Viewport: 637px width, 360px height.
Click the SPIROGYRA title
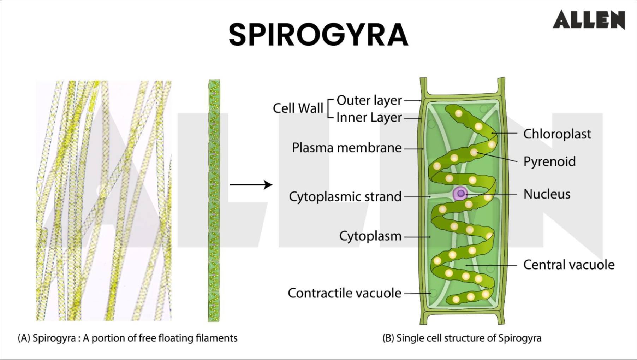click(x=318, y=35)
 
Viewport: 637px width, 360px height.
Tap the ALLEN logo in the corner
click(x=589, y=19)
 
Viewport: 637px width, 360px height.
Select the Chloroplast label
click(x=557, y=134)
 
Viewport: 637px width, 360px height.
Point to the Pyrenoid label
click(x=549, y=161)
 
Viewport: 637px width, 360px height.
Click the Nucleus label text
click(x=547, y=194)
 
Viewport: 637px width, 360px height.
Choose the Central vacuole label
click(x=568, y=265)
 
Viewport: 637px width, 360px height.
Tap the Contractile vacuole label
click(x=344, y=293)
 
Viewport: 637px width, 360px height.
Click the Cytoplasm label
click(x=370, y=236)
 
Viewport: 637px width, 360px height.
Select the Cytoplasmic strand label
click(x=345, y=196)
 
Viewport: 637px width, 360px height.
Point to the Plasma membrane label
click(x=346, y=148)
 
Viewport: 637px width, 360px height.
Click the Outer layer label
click(x=369, y=100)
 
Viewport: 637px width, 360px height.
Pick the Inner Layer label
click(x=369, y=117)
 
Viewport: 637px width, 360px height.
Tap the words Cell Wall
click(x=298, y=108)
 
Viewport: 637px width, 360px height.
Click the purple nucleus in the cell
click(x=460, y=193)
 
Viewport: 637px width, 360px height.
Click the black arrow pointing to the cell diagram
click(x=251, y=184)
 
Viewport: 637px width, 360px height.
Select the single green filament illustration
click(x=214, y=200)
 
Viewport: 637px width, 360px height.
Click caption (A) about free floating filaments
click(x=127, y=338)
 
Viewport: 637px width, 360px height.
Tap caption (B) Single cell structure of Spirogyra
click(x=462, y=338)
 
